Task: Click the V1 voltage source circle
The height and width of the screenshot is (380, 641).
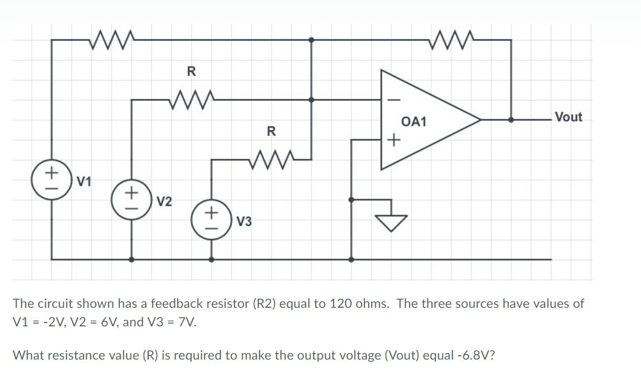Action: [x=52, y=181]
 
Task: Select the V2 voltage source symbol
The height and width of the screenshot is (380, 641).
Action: [x=131, y=199]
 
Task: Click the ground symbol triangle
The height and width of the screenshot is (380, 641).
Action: [x=390, y=222]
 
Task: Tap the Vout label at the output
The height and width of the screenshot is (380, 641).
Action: [x=568, y=117]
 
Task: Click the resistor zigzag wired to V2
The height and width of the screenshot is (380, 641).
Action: [x=190, y=99]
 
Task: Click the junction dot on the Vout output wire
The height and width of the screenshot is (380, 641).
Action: [x=511, y=119]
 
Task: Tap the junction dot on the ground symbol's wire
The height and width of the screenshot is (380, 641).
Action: [x=350, y=199]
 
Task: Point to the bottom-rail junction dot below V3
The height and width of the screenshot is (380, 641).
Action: [x=212, y=260]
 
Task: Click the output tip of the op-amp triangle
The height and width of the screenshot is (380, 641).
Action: [x=479, y=119]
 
